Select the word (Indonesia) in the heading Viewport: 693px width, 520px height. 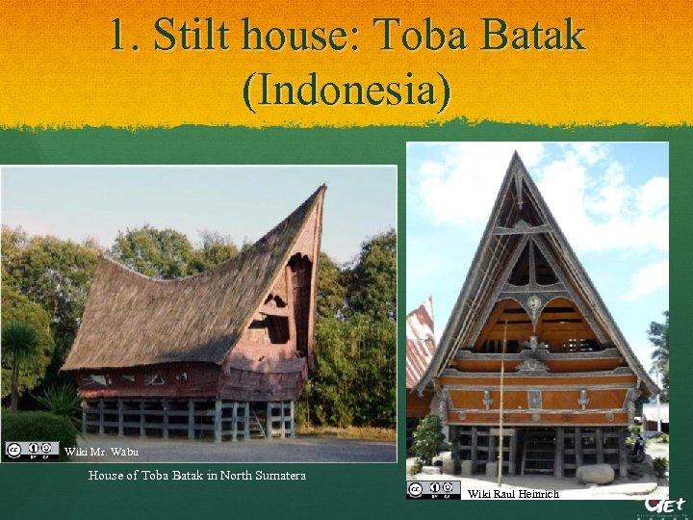click(x=346, y=91)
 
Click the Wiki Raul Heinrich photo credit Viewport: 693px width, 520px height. click(x=513, y=494)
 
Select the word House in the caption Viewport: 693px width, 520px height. click(x=108, y=475)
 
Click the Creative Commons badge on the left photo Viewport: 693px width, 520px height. click(x=32, y=449)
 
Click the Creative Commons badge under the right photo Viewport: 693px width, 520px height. click(x=434, y=489)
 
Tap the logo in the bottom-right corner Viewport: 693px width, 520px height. click(x=665, y=505)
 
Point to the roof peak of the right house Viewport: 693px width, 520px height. click(x=517, y=156)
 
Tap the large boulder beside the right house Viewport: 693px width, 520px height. click(x=595, y=473)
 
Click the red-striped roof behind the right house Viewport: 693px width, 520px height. click(x=420, y=347)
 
